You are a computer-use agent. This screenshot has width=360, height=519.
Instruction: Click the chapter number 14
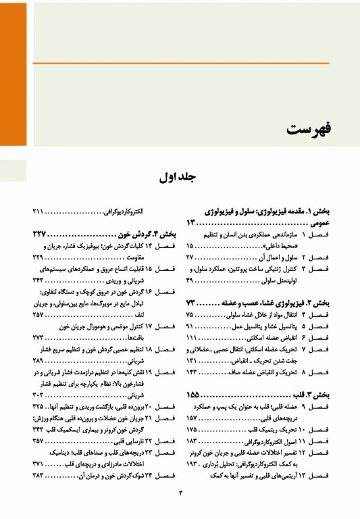click(149, 247)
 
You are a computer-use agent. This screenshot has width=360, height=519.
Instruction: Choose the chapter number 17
click(149, 326)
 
